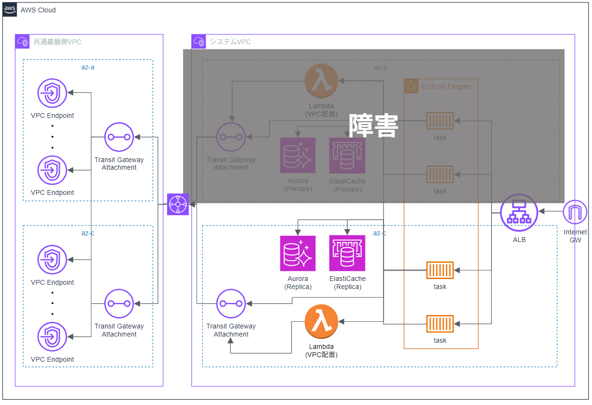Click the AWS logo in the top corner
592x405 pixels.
(10, 10)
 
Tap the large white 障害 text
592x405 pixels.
(374, 125)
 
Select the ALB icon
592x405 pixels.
(519, 212)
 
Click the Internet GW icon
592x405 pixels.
(575, 212)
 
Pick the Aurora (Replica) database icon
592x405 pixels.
(297, 253)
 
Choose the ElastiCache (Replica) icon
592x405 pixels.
(347, 253)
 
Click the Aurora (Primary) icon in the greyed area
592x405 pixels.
(297, 155)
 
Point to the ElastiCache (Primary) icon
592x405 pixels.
(347, 155)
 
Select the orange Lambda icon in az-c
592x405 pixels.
(321, 321)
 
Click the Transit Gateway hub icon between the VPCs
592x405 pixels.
(178, 204)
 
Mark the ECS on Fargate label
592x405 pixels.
(446, 87)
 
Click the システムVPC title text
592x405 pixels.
(230, 42)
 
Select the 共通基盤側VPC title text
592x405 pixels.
(57, 42)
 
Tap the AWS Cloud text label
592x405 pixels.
(38, 10)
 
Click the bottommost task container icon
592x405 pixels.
(440, 324)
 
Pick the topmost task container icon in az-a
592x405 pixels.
(440, 121)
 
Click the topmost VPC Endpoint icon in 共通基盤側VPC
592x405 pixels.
(52, 93)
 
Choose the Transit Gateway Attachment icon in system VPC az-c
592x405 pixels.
(231, 304)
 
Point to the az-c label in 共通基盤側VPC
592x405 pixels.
(88, 233)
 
